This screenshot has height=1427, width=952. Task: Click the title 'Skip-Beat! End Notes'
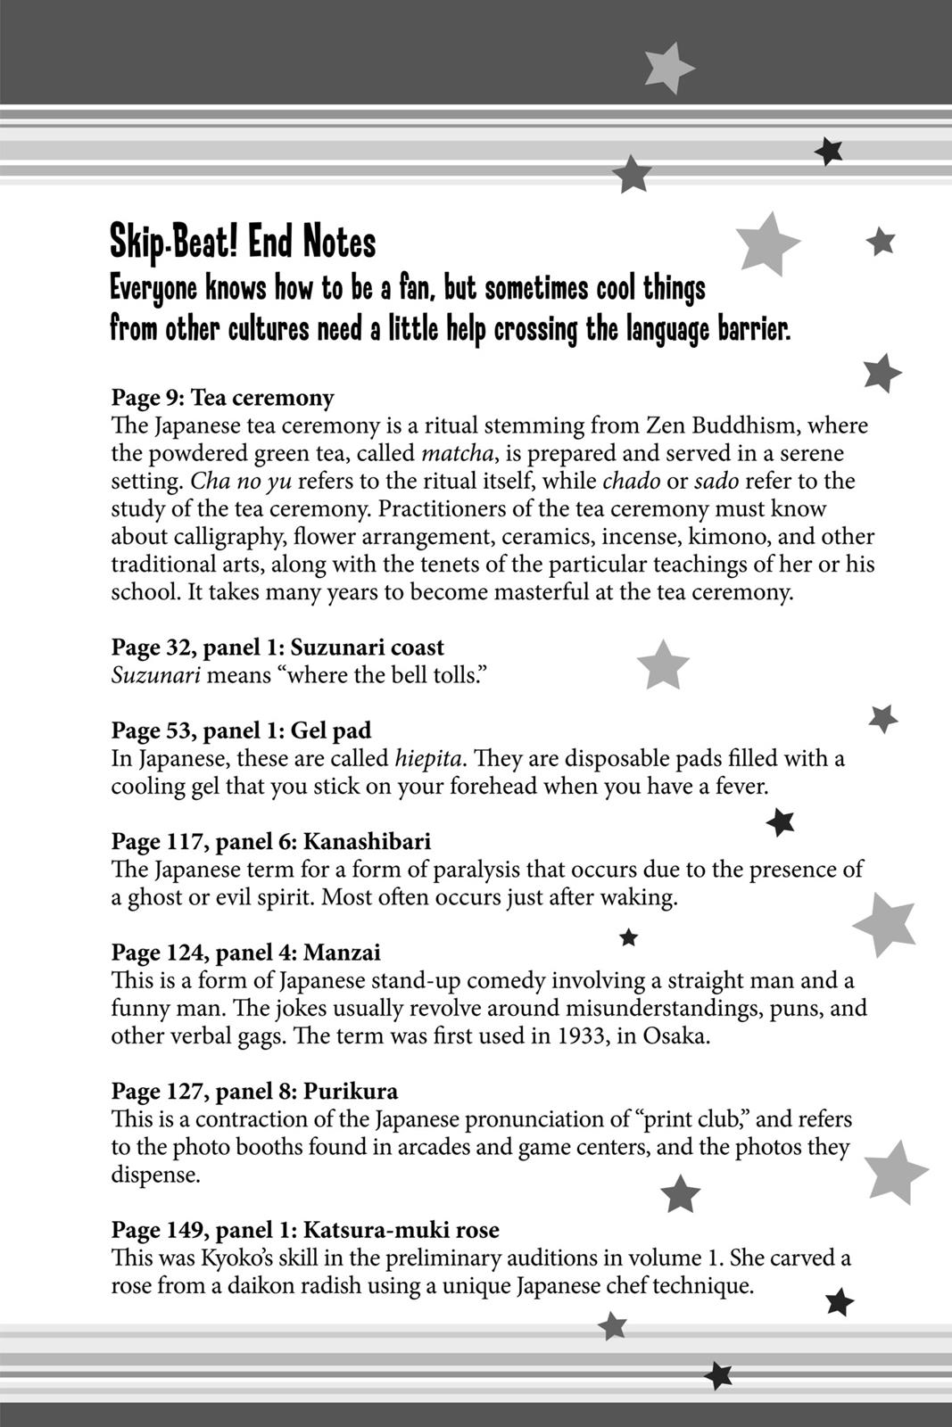pos(243,242)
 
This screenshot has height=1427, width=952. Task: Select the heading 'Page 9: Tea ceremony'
pos(222,397)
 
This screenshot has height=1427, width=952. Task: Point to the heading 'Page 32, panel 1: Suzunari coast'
pos(277,647)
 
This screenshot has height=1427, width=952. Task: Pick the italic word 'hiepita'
pos(429,758)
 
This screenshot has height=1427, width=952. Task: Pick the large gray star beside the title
pos(766,243)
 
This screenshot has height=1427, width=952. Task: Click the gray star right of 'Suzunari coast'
pos(662,665)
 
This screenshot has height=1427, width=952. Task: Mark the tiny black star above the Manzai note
pos(629,937)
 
